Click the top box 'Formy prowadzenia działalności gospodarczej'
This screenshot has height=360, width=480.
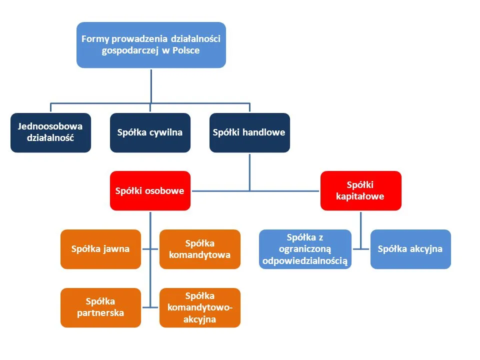coord(151,44)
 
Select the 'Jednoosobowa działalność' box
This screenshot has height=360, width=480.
coord(50,132)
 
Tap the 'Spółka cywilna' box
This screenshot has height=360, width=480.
coord(150,132)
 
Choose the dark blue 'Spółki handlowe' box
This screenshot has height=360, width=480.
coord(249,132)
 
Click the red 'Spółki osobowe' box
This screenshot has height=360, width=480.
coord(150,190)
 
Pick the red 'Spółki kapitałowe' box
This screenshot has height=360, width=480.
coord(360,190)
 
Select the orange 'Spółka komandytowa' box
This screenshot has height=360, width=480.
coord(200,249)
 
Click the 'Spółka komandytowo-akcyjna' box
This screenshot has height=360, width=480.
coord(200,307)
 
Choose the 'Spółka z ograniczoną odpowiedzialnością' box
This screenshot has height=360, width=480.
coord(305,249)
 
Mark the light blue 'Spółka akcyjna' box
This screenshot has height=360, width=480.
coord(410,249)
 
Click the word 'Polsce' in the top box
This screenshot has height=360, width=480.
coord(186,50)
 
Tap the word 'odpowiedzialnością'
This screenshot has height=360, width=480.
coord(305,261)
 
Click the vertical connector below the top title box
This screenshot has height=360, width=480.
coord(151,85)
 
